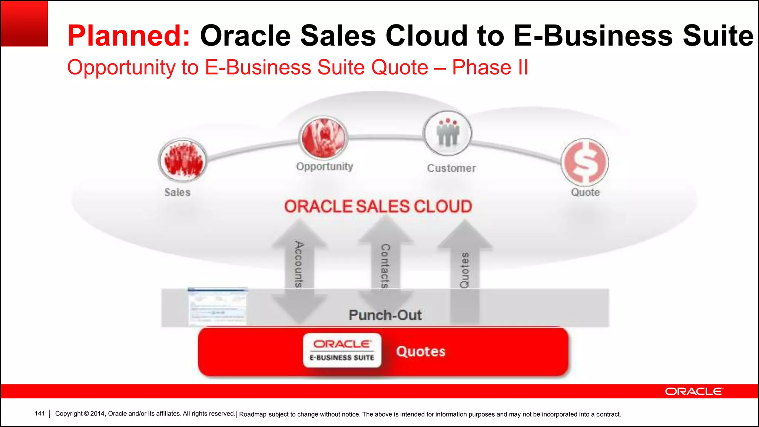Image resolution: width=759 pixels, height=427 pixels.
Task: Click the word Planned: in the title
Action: click(129, 36)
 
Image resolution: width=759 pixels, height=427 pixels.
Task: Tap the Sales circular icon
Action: click(182, 160)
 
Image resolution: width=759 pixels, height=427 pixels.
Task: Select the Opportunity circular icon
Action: click(324, 138)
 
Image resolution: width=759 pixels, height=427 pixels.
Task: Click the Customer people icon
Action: click(448, 133)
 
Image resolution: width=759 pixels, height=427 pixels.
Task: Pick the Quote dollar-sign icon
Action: click(584, 162)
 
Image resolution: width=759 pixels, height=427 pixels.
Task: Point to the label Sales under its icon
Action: click(178, 192)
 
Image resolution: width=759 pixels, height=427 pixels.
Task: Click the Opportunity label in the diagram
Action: click(325, 167)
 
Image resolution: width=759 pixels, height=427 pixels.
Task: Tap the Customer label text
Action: click(451, 168)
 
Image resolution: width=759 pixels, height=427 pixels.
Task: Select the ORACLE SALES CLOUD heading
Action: click(378, 206)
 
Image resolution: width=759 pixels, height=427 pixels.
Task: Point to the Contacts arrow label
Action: click(385, 266)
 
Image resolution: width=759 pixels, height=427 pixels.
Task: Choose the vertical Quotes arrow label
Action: click(464, 270)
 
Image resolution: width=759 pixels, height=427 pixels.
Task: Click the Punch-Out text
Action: click(385, 315)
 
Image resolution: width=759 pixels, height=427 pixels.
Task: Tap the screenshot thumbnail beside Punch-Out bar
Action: click(217, 307)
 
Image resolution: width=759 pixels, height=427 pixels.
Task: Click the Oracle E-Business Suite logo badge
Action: click(342, 350)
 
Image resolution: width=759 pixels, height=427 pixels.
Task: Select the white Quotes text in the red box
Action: click(421, 351)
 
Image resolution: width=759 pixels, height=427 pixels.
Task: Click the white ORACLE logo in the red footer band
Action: click(694, 391)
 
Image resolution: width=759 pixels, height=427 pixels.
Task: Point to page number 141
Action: click(40, 414)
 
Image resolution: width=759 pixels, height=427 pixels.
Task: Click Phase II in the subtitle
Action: click(490, 67)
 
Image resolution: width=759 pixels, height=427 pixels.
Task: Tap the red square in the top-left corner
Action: click(24, 24)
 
